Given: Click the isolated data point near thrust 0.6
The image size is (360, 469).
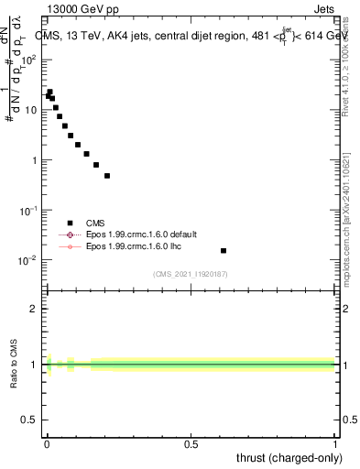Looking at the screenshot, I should pos(224,250).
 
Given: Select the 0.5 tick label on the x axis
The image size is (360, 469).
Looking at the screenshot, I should pos(191,444).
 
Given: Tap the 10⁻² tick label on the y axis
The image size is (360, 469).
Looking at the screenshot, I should pos(28,260).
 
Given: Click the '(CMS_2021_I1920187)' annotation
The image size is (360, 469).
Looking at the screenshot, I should pos(191,274).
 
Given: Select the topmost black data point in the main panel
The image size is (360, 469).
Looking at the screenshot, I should pos(49,92).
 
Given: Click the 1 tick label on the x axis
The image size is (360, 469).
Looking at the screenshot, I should pos(335,444).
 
